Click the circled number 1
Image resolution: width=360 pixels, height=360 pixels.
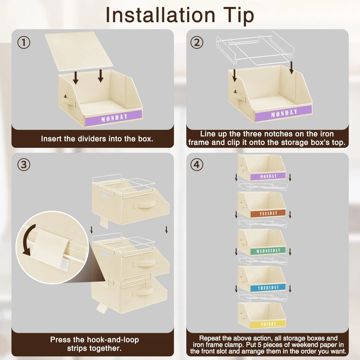(x=24, y=42)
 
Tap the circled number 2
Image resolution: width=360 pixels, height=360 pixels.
(x=197, y=42)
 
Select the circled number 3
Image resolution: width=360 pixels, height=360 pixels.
(x=24, y=165)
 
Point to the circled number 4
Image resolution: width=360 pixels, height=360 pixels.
(x=197, y=165)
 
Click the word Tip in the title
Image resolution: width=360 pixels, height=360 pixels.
(x=238, y=15)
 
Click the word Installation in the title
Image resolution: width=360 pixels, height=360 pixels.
(x=160, y=15)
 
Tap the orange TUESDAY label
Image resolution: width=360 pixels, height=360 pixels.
(x=268, y=213)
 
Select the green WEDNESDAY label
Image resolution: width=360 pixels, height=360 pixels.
(x=268, y=251)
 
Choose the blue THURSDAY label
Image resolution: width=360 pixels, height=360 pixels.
(x=268, y=288)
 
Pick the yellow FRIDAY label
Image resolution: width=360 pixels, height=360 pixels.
(x=268, y=324)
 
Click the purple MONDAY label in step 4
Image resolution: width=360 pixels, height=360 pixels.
(x=268, y=176)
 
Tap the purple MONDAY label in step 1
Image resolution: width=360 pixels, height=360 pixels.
(x=114, y=118)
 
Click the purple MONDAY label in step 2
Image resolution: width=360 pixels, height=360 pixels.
(x=283, y=113)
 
